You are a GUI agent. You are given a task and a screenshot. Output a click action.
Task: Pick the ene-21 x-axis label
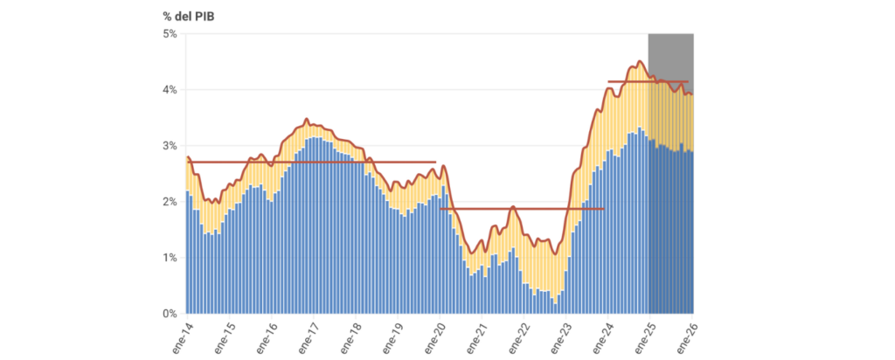(475, 336)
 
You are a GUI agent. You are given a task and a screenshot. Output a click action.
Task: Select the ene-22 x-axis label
(517, 336)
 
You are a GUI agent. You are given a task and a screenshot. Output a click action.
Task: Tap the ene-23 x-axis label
(560, 336)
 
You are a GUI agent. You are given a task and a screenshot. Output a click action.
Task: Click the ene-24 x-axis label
(602, 336)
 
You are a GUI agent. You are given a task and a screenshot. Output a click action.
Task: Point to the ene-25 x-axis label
(645, 336)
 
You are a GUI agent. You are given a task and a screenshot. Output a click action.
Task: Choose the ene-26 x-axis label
(687, 336)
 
